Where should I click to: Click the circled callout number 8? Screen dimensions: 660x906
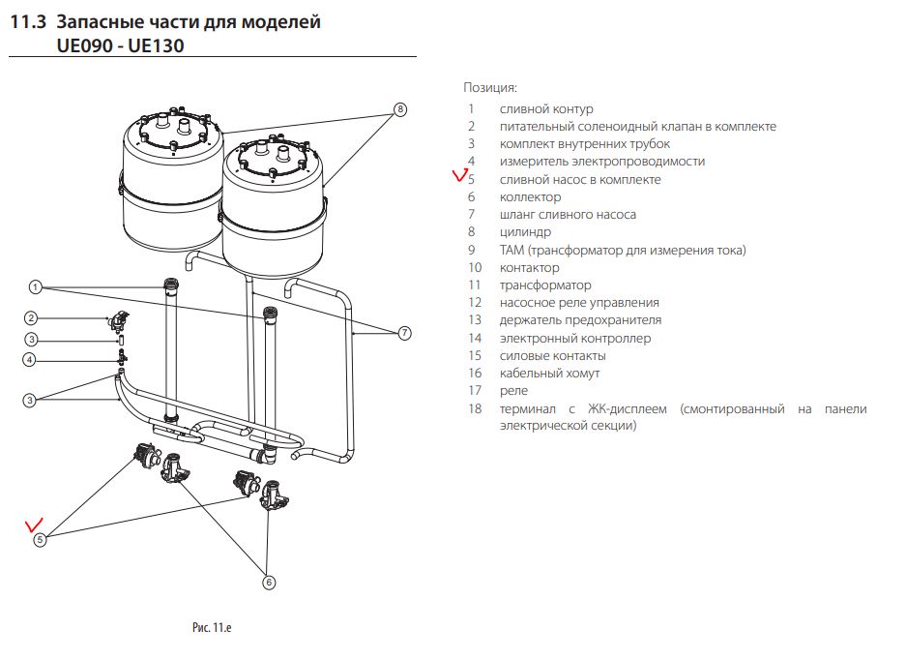[x=399, y=110]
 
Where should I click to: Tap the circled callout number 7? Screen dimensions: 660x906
[x=405, y=333]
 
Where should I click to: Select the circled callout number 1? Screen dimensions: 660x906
[x=35, y=286]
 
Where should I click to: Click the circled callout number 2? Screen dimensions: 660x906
[x=31, y=318]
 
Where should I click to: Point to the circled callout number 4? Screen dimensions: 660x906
[x=30, y=360]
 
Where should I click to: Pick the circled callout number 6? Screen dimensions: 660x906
[x=269, y=583]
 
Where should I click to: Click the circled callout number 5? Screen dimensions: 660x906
[x=40, y=540]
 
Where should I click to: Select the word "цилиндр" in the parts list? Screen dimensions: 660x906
[x=525, y=232]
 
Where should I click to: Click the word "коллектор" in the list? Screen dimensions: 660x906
[x=530, y=197]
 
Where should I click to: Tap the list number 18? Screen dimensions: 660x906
[x=474, y=409]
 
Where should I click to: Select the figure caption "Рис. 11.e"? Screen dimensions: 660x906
[x=212, y=628]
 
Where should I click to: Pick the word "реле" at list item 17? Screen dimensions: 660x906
[x=513, y=391]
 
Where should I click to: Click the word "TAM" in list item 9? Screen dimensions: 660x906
[x=511, y=250]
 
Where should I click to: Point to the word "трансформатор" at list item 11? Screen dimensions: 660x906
[x=545, y=285]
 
